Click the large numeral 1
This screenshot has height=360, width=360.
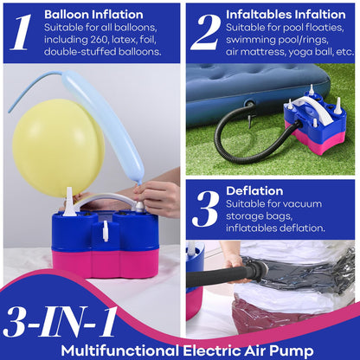tap(20, 32)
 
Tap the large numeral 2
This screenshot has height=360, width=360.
tap(206, 32)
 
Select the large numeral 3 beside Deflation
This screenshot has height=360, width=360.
tap(206, 209)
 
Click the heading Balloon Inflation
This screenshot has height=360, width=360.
tap(93, 15)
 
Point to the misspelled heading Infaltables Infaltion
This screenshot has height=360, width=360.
tap(286, 15)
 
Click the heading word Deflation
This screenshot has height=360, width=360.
tap(254, 191)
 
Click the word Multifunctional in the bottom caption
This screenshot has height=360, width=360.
tap(119, 351)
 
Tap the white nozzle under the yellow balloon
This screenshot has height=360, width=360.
tap(69, 202)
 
